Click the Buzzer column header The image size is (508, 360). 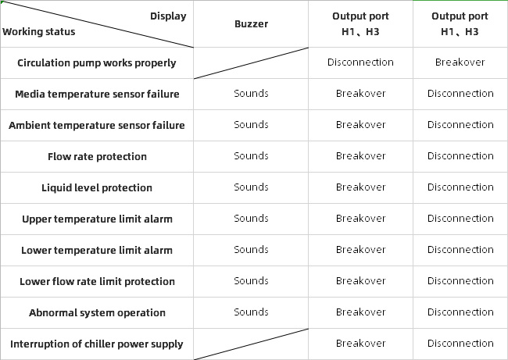tap(251, 24)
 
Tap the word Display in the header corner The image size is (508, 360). tap(168, 16)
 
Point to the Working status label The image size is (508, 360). tap(39, 32)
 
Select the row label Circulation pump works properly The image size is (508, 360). tap(97, 62)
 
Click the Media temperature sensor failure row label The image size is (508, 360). tap(97, 94)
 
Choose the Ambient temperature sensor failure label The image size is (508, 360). tap(97, 125)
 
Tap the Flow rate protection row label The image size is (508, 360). tap(97, 157)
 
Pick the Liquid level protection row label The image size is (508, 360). tap(97, 187)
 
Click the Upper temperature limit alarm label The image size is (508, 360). tap(97, 219)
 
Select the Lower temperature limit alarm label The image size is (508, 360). tap(97, 250)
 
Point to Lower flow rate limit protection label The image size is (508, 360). tap(97, 282)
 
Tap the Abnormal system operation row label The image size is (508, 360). tap(97, 312)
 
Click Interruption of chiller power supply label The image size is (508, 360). tap(97, 344)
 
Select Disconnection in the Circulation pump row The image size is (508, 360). tap(360, 62)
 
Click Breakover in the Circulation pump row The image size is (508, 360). tap(460, 62)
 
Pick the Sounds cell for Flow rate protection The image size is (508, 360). tap(251, 156)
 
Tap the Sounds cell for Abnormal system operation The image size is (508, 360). tap(251, 312)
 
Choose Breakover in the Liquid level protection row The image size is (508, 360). tap(360, 187)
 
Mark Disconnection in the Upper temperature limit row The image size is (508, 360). tap(460, 219)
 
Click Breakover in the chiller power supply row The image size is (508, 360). tap(360, 344)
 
